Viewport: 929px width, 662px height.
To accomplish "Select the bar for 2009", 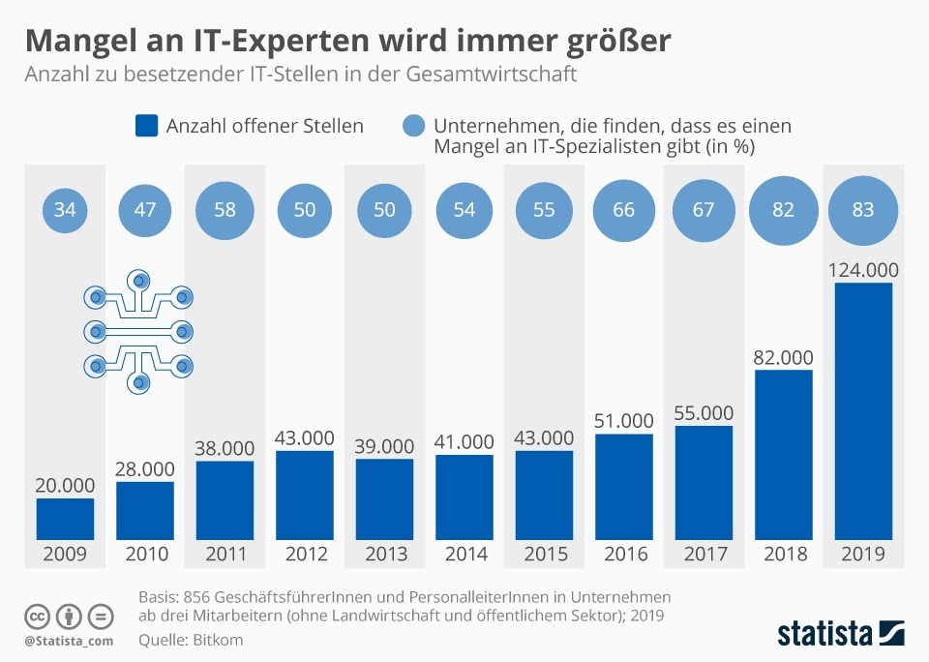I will coord(66,518).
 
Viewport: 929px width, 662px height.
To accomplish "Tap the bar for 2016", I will coord(623,486).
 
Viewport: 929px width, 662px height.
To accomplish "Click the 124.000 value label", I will coord(862,269).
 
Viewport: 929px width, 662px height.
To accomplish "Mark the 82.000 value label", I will coord(783,357).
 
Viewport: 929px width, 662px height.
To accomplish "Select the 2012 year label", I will coord(305,555).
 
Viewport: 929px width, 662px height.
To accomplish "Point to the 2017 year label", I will coord(704,555).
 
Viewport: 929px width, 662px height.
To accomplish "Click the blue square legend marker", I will coord(146,126).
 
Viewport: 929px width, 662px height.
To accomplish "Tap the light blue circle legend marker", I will coord(413,126).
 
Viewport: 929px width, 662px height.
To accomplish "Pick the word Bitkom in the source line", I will coord(219,640).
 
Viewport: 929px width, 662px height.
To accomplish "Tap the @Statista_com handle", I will coord(69,641).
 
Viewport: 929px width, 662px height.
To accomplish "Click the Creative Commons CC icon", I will coord(38,617).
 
